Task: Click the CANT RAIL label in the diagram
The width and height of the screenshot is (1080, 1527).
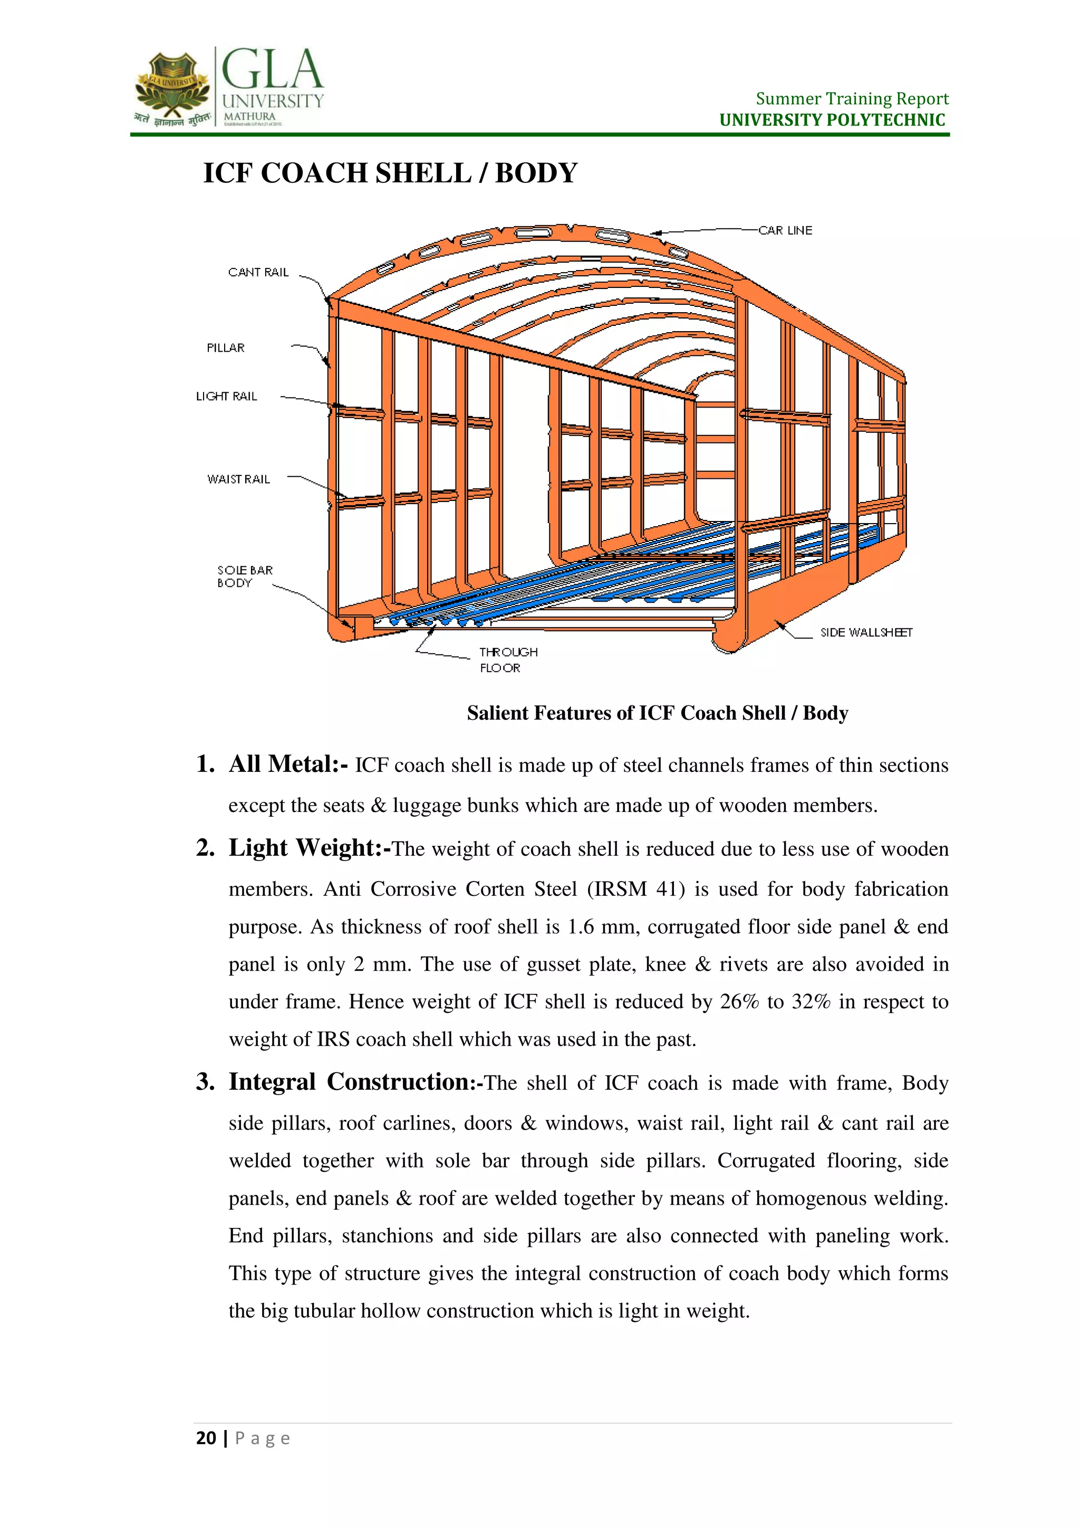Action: pos(258,272)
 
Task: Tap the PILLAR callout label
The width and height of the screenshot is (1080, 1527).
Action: pos(226,348)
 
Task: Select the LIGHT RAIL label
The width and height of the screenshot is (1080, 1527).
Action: pos(226,397)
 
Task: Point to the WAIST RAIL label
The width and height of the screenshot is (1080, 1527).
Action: pos(238,479)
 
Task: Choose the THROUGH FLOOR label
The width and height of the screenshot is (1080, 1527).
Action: pos(508,660)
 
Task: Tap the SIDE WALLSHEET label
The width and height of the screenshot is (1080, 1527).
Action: pos(866,633)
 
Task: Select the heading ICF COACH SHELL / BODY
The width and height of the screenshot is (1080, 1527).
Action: pos(390,173)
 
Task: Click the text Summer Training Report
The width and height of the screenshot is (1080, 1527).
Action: pos(851,99)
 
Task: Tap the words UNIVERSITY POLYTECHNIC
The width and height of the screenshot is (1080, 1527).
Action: pos(832,120)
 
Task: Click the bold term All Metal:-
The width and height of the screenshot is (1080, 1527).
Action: pos(288,764)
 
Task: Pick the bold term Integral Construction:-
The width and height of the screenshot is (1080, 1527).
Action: pos(355,1082)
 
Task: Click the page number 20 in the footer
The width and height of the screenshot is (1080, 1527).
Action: pos(206,1438)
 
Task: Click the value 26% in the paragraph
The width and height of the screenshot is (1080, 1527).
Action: pos(739,1002)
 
